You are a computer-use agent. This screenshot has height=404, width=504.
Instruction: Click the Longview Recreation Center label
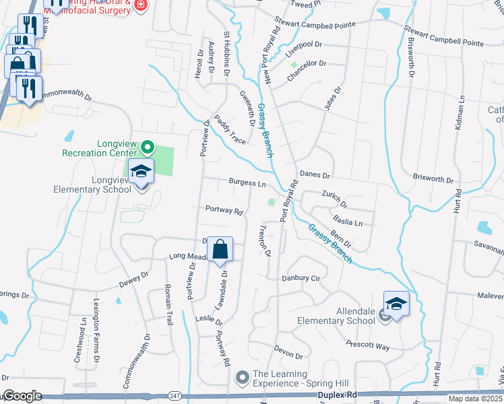[x=98, y=148]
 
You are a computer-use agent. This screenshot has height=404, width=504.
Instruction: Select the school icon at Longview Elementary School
[x=141, y=173]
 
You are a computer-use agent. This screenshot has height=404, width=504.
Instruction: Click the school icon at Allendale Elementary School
[x=396, y=306]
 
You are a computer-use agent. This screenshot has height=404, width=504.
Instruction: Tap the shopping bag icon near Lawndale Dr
[x=220, y=250]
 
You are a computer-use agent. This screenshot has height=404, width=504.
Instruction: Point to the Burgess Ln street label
[x=247, y=182]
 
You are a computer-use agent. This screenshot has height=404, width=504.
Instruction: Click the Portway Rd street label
[x=224, y=211]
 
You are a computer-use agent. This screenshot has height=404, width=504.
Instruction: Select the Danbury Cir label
[x=300, y=277]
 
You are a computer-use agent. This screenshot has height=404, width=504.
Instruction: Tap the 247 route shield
[x=176, y=395]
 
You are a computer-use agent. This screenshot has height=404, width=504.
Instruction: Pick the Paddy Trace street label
[x=230, y=129]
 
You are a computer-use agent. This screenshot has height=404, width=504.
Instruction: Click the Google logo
[x=22, y=396]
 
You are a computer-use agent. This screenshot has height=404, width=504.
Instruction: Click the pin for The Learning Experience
[x=242, y=378]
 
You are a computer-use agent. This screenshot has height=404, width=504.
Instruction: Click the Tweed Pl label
[x=306, y=4]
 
